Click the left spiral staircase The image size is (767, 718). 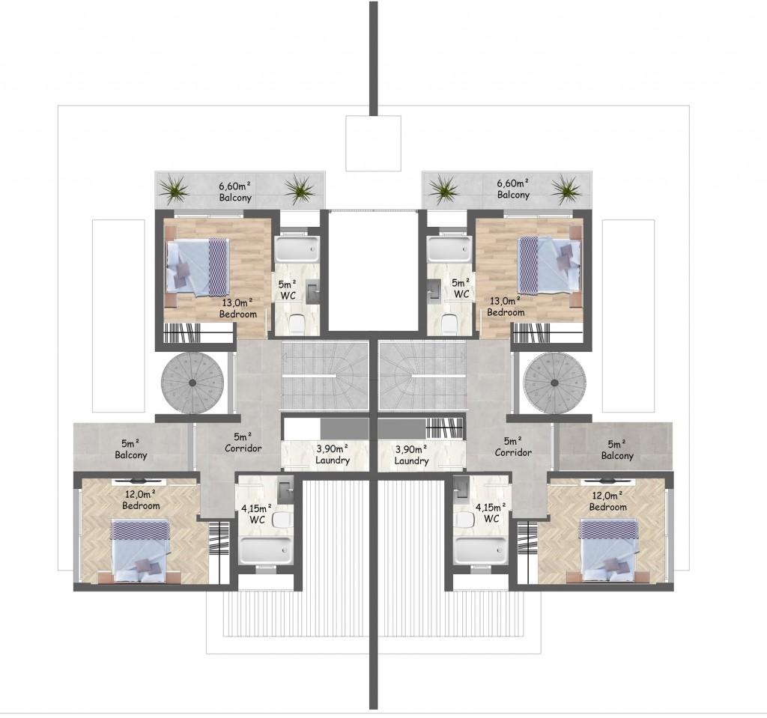pyautogui.click(x=192, y=383)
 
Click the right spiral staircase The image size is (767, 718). pyautogui.click(x=554, y=383)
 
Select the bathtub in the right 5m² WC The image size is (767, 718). pyautogui.click(x=449, y=249)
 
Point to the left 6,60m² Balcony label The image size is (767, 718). pyautogui.click(x=235, y=192)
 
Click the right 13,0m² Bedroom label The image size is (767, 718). pyautogui.click(x=506, y=307)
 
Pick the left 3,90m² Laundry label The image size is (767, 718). pyautogui.click(x=333, y=454)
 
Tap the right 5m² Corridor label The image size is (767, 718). pyautogui.click(x=512, y=446)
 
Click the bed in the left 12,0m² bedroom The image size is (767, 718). pyautogui.click(x=140, y=550)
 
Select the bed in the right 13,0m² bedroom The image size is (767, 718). pyautogui.click(x=549, y=266)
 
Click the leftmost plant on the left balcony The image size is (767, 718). pyautogui.click(x=174, y=189)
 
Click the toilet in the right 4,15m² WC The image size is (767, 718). pyautogui.click(x=463, y=520)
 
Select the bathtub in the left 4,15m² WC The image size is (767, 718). pyautogui.click(x=264, y=551)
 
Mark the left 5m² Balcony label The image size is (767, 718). pyautogui.click(x=130, y=449)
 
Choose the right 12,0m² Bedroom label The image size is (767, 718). pyautogui.click(x=607, y=502)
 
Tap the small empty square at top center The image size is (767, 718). pyautogui.click(x=373, y=143)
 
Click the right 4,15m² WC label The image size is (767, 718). pyautogui.click(x=491, y=513)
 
